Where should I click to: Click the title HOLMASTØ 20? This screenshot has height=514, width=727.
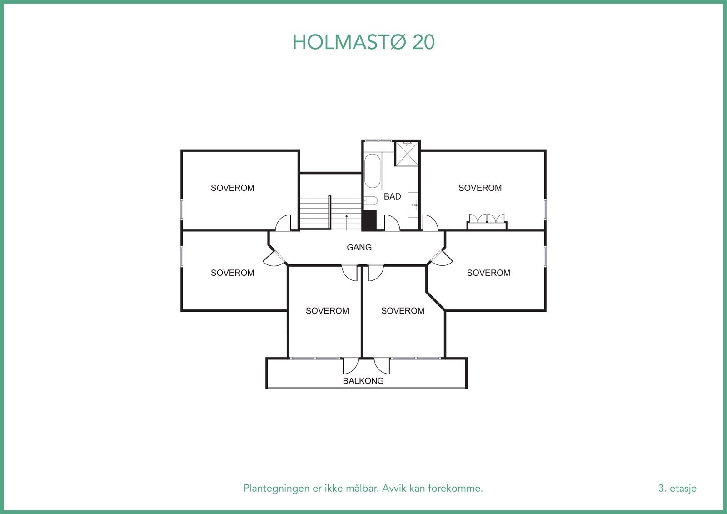point(363,42)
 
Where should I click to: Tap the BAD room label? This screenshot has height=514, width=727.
point(392,196)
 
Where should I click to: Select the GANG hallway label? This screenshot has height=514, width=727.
point(359,247)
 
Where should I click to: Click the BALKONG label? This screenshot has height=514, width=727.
point(363,381)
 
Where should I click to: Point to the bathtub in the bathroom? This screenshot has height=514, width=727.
point(373,171)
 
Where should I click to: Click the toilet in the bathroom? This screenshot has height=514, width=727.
point(371,201)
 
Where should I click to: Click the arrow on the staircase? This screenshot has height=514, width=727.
point(347,221)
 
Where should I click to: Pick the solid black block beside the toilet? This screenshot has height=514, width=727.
point(369,220)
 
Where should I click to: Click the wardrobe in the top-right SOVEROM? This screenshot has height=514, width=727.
point(487,221)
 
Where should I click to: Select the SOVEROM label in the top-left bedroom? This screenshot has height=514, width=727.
point(232,188)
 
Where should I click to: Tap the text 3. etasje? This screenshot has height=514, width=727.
point(677,489)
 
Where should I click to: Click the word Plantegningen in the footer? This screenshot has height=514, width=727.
point(271,489)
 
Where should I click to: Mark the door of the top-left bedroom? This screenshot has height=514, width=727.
point(284,223)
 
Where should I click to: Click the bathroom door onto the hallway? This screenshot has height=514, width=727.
point(392,223)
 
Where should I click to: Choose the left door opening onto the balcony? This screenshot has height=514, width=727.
point(350,365)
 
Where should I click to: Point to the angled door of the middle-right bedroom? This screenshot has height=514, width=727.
point(442,258)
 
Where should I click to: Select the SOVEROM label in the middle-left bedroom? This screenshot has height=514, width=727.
point(232,273)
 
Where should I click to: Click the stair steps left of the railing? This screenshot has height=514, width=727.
point(314,213)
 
